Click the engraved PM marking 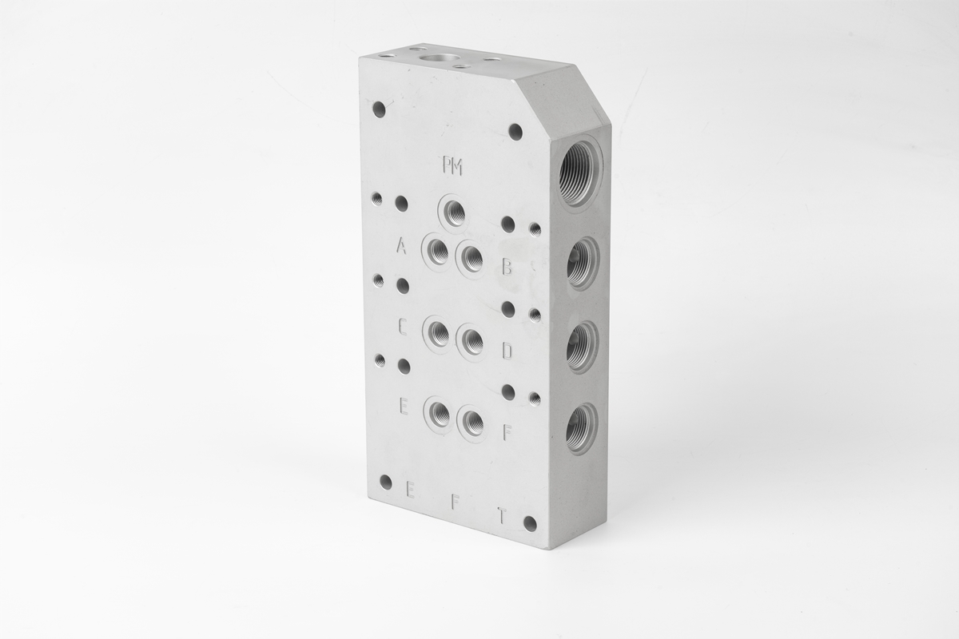click(x=452, y=166)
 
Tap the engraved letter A click(x=401, y=245)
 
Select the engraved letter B click(x=507, y=267)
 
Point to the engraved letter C click(x=403, y=326)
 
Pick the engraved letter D click(x=507, y=351)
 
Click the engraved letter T click(x=501, y=516)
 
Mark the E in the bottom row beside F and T click(x=411, y=489)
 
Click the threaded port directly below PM click(x=454, y=212)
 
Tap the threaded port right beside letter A click(x=437, y=252)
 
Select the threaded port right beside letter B click(x=472, y=259)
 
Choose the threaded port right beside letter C click(x=438, y=333)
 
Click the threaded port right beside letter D click(x=472, y=341)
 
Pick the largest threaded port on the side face click(x=577, y=173)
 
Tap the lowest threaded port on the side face click(x=580, y=429)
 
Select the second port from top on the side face click(x=581, y=263)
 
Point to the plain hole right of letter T click(x=529, y=523)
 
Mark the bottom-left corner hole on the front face click(x=385, y=482)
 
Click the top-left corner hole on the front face click(x=379, y=109)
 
